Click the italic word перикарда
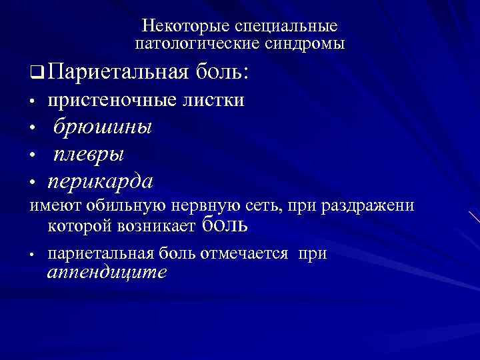point(100,181)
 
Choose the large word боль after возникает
point(223,225)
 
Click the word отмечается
point(251,254)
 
